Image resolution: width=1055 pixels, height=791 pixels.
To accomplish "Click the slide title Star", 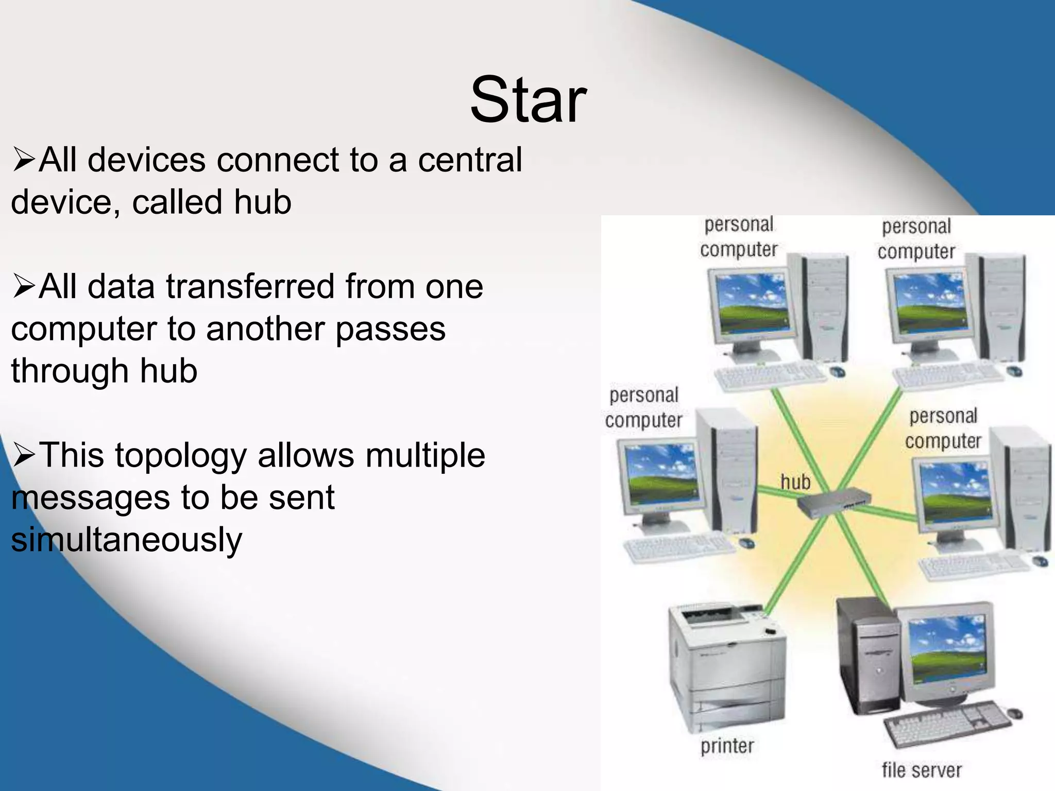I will pos(528,100).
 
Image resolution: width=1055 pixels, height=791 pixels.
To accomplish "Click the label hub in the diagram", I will pos(795,482).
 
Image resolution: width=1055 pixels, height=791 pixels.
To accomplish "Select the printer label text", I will pos(727,746).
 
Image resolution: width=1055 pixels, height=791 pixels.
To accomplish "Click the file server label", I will pos(921,770).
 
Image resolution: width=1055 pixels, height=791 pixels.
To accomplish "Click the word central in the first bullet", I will pos(469,160).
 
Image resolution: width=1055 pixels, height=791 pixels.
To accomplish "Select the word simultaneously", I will pos(126,540).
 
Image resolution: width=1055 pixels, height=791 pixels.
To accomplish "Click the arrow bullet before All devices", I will pos(23,160).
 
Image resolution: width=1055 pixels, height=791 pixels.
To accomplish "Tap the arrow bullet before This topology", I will pos(23,455).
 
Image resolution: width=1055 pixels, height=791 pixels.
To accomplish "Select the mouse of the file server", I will pos(1014,714).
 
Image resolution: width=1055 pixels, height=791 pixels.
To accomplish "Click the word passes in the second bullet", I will pos(390,329).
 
